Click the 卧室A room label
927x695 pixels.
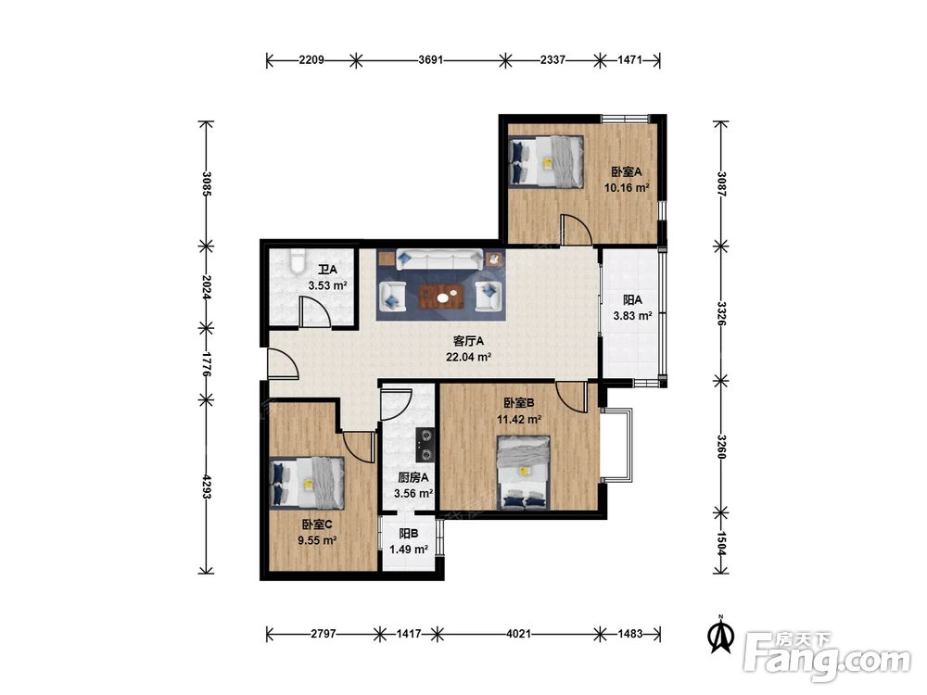[626, 172]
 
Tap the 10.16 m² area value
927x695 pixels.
[627, 188]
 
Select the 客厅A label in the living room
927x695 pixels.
[469, 341]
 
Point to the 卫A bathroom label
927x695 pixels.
[327, 270]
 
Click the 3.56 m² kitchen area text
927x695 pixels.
[413, 494]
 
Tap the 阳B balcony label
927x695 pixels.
[409, 534]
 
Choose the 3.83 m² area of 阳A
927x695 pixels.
[632, 316]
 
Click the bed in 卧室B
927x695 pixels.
[524, 473]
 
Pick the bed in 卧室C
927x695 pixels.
[307, 482]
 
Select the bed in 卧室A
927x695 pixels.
[546, 162]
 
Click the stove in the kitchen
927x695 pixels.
[425, 445]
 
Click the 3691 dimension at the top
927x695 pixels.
[430, 59]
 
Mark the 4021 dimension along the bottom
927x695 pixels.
[518, 634]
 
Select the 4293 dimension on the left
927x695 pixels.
[207, 486]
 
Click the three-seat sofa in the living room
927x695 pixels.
[440, 259]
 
